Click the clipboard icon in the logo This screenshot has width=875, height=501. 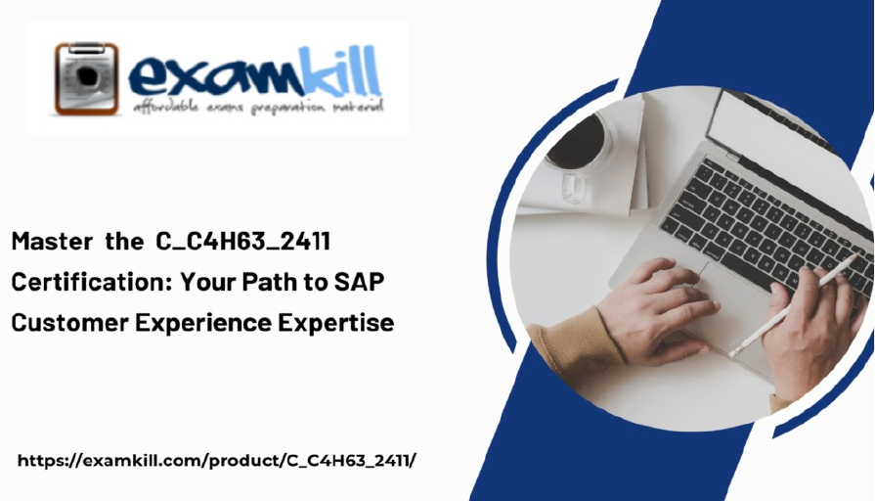point(86,78)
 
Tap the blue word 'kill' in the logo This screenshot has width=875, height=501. point(341,70)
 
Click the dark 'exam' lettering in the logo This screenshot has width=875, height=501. point(215,78)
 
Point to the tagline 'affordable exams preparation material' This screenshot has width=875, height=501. point(258,106)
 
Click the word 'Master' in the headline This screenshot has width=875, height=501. point(53,242)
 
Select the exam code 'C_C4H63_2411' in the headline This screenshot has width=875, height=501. point(243,242)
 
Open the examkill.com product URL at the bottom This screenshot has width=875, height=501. point(216,461)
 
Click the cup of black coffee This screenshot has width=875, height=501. point(578,141)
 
